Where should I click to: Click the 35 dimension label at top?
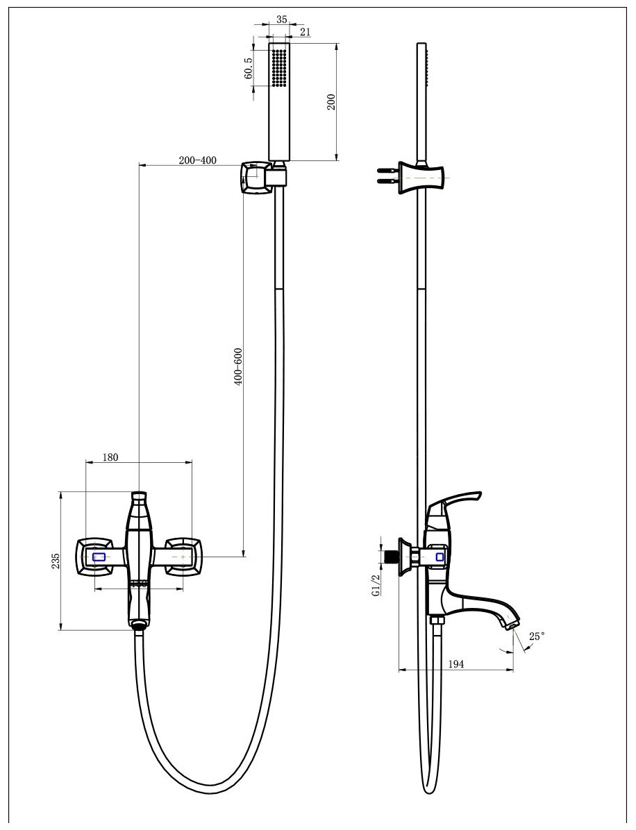[x=281, y=19]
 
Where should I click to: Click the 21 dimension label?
[x=305, y=32]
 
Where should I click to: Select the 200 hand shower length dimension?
[x=331, y=101]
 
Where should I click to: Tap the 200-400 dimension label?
[x=197, y=160]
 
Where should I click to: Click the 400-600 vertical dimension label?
[x=238, y=366]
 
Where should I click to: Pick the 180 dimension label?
[x=110, y=457]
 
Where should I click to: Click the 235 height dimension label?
[x=56, y=561]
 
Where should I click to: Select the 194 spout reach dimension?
[x=455, y=664]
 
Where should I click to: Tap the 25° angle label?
[x=537, y=635]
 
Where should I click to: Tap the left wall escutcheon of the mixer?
[x=96, y=557]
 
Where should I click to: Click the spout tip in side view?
[x=512, y=625]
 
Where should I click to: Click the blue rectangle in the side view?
[x=440, y=557]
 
